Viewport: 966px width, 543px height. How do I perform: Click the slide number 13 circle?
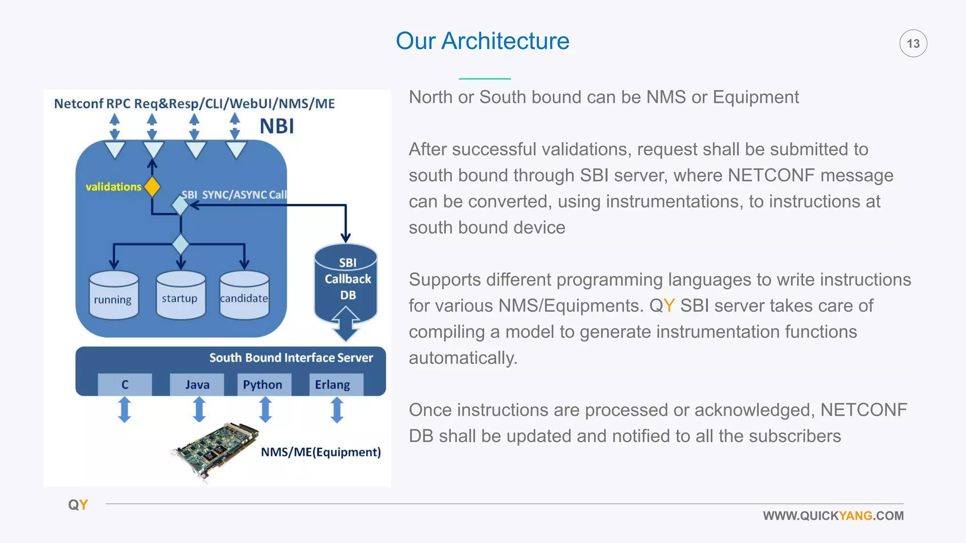pyautogui.click(x=913, y=43)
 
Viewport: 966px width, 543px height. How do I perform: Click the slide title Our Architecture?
pyautogui.click(x=482, y=41)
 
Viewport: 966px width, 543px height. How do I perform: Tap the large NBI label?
pyautogui.click(x=277, y=126)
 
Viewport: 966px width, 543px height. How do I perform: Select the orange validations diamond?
pyautogui.click(x=152, y=187)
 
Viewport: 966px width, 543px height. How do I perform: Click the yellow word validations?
pyautogui.click(x=113, y=187)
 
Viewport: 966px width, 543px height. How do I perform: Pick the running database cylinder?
pyautogui.click(x=114, y=296)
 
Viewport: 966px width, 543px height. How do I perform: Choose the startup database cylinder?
pyautogui.click(x=180, y=295)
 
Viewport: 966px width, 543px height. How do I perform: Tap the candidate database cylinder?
pyautogui.click(x=244, y=296)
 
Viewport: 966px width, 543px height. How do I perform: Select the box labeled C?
pyautogui.click(x=125, y=385)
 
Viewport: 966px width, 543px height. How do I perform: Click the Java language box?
pyautogui.click(x=197, y=385)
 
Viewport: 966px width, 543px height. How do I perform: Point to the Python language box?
pyautogui.click(x=263, y=385)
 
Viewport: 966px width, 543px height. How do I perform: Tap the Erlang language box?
pyautogui.click(x=333, y=385)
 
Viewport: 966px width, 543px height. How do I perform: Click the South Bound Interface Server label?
pyautogui.click(x=291, y=358)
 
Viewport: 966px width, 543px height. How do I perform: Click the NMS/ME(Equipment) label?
pyautogui.click(x=321, y=452)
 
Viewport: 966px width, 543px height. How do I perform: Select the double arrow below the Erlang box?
pyautogui.click(x=336, y=410)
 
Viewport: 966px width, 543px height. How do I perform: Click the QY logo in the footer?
pyautogui.click(x=78, y=505)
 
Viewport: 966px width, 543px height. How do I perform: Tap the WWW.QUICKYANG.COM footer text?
pyautogui.click(x=833, y=516)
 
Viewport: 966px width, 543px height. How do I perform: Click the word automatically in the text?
pyautogui.click(x=463, y=358)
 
